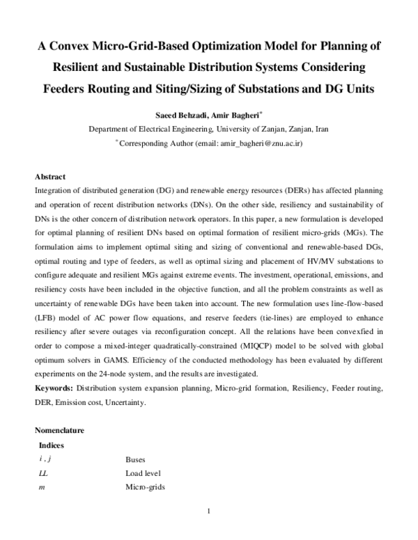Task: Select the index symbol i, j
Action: tap(47, 459)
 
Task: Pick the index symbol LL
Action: tap(45, 473)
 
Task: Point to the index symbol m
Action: tap(42, 487)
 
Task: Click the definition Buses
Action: tap(135, 459)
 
